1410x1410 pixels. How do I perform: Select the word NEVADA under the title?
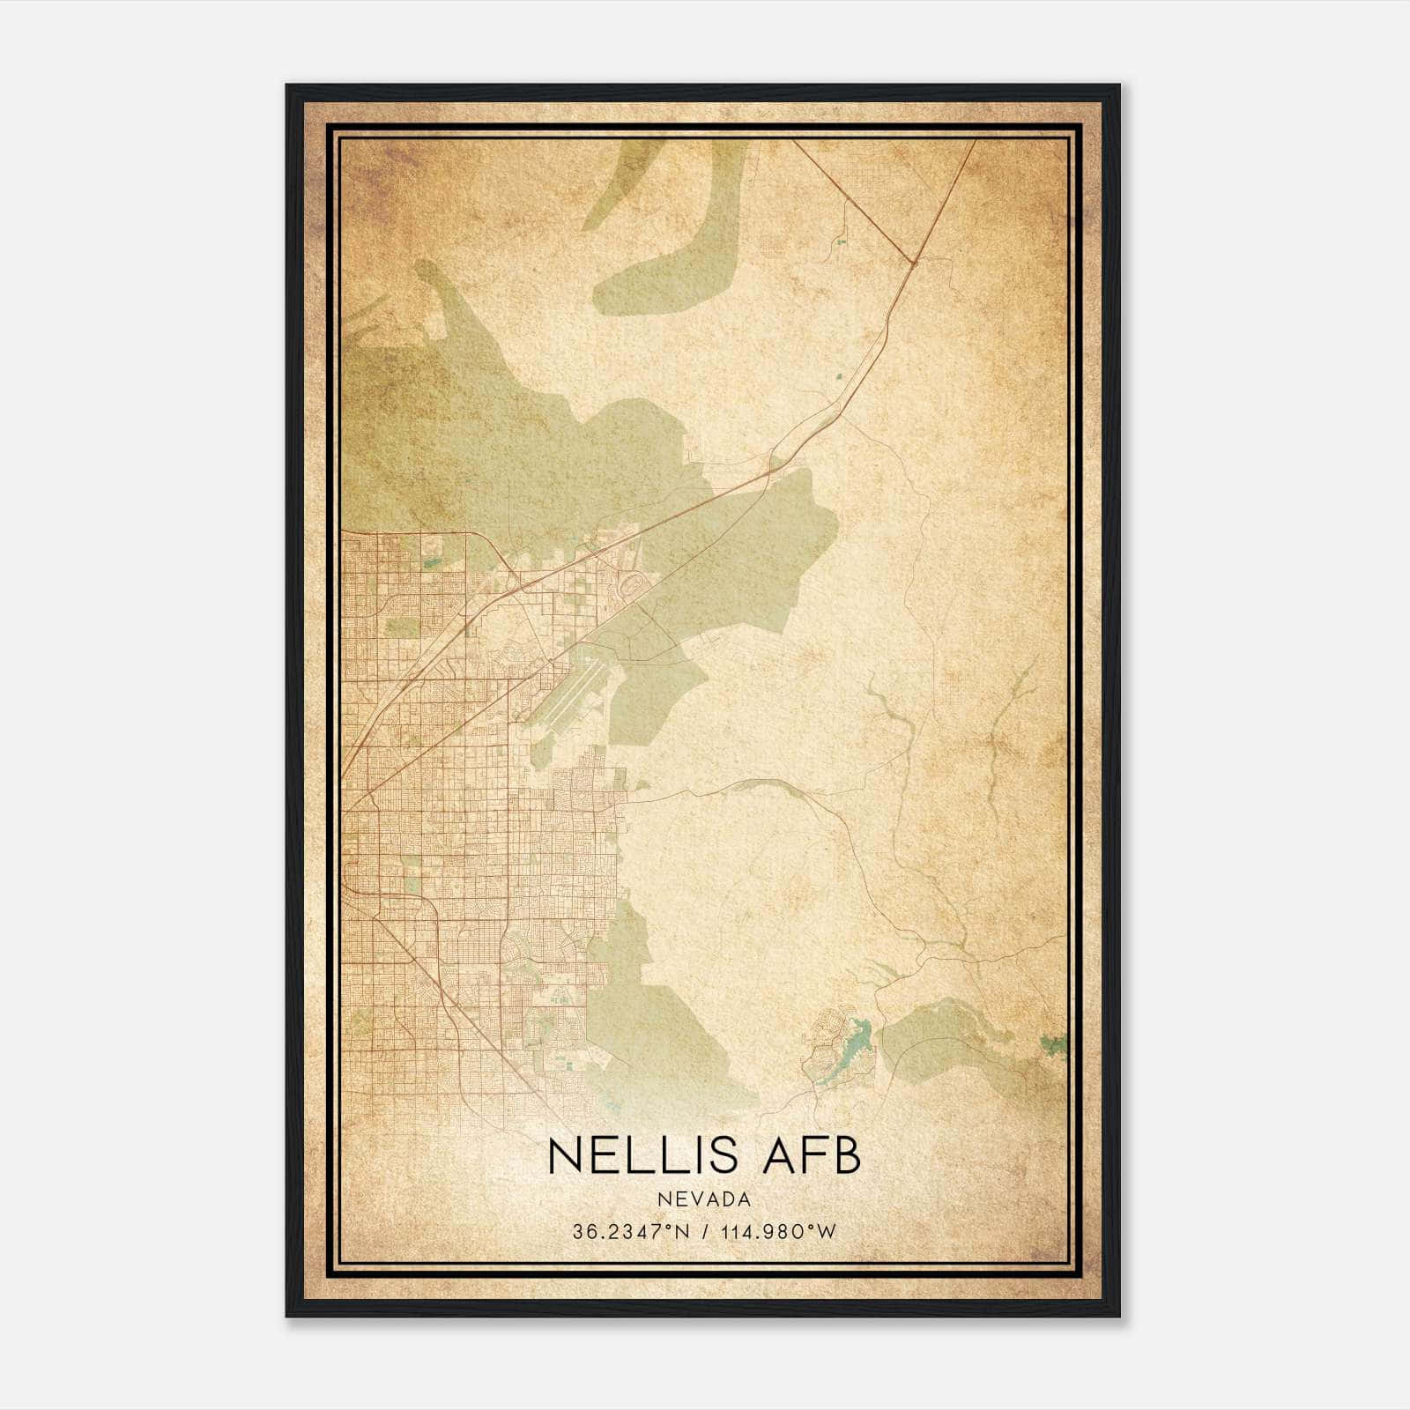[x=703, y=1199]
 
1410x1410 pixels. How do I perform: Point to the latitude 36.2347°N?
[x=627, y=1232]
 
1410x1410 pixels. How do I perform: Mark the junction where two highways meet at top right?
[x=915, y=261]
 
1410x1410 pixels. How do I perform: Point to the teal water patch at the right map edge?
[x=1052, y=1045]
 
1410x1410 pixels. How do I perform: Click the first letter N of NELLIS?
[x=564, y=1155]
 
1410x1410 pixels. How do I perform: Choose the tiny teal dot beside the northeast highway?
[x=838, y=378]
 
